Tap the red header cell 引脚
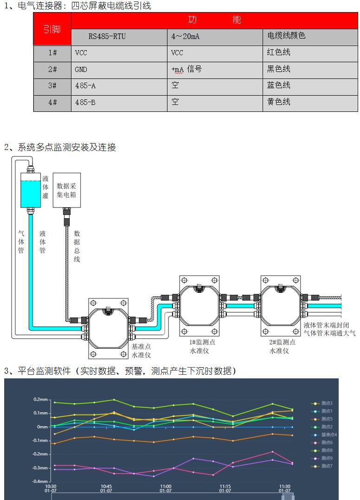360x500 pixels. click(x=52, y=29)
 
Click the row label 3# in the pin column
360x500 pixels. click(x=52, y=86)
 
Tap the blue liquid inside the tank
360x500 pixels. click(x=31, y=194)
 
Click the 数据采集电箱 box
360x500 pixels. click(x=67, y=190)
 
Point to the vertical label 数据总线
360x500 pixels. click(x=77, y=246)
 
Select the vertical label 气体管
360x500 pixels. click(x=21, y=242)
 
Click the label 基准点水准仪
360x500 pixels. click(x=141, y=351)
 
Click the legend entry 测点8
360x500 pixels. click(x=326, y=450)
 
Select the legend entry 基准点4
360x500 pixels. click(x=328, y=435)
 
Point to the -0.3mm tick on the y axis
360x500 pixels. click(x=40, y=468)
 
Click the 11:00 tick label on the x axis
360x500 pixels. click(x=166, y=488)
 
